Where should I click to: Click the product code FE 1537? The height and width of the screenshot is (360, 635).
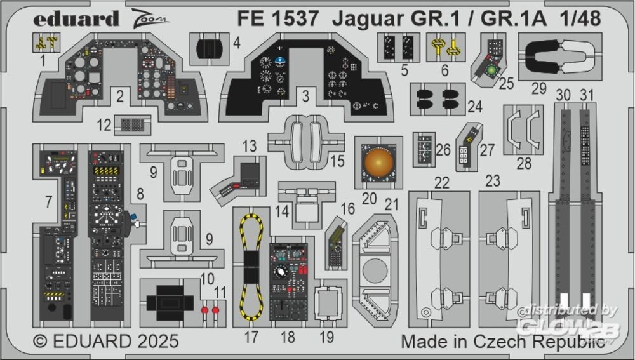(277, 19)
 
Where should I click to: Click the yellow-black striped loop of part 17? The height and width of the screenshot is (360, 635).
(251, 267)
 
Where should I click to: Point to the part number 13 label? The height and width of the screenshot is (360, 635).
(249, 147)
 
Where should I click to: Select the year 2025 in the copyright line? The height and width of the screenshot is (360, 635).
(155, 341)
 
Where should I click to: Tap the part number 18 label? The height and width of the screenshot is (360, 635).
(288, 337)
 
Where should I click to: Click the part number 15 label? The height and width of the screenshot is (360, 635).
(337, 161)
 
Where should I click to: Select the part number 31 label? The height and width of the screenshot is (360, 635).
(587, 95)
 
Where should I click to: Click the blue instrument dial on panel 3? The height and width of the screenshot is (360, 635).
(280, 62)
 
